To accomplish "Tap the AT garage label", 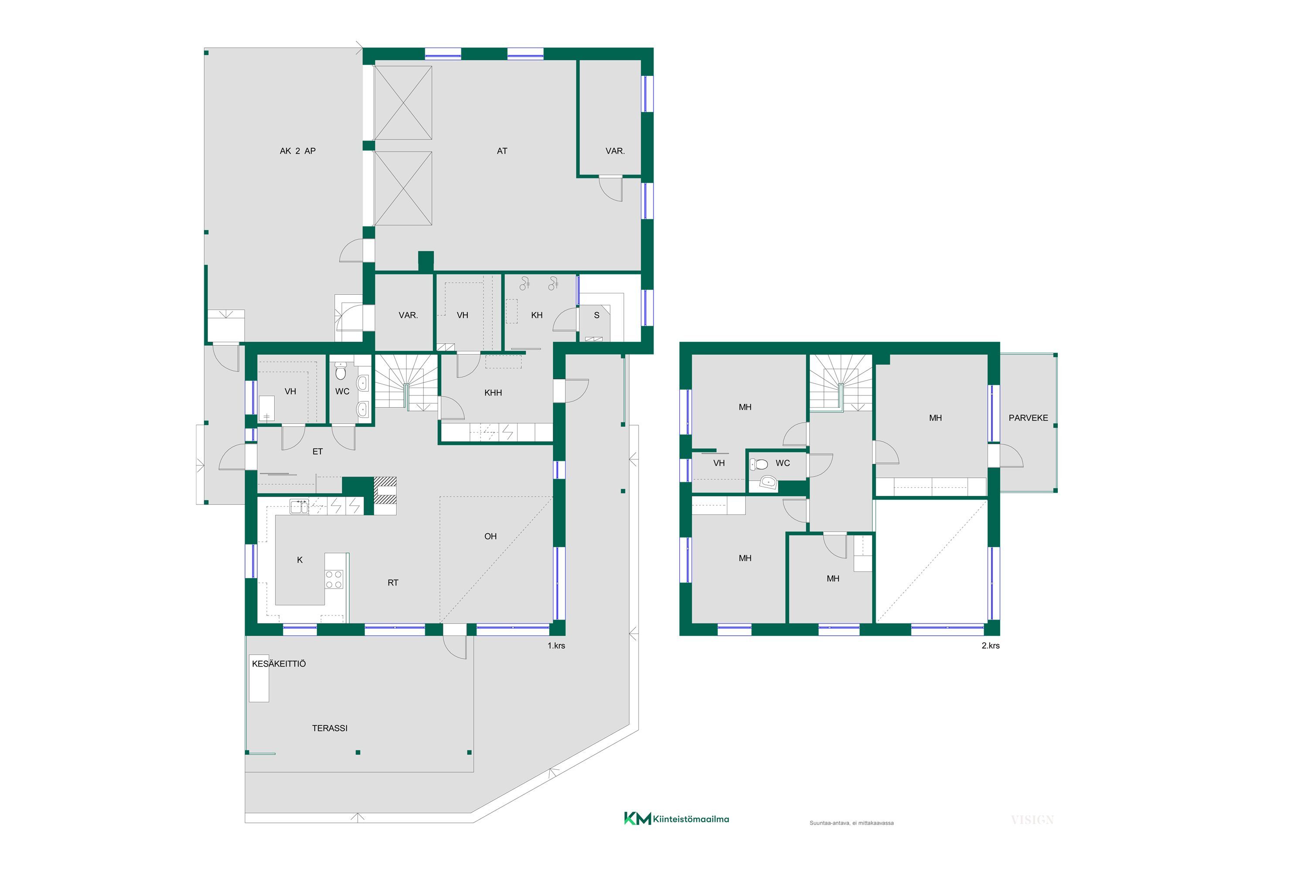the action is [502, 151].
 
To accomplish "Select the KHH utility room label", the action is [493, 393].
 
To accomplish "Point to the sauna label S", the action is [597, 315].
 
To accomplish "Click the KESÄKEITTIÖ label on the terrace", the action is [279, 664].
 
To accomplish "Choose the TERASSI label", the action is [330, 728].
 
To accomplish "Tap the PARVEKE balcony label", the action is [1028, 418].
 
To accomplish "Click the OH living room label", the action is [490, 536].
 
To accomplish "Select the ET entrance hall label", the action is [317, 452].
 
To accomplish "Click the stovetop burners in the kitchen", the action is [334, 579].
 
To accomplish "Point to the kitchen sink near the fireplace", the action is [299, 507].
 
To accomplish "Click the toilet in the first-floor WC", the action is [341, 371].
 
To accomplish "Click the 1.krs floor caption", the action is [556, 646].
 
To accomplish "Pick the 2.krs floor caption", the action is [991, 646].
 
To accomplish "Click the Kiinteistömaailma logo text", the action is [691, 819].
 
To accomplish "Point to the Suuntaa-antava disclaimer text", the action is [852, 823].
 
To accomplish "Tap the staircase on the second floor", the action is [840, 383].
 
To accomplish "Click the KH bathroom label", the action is [537, 315].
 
